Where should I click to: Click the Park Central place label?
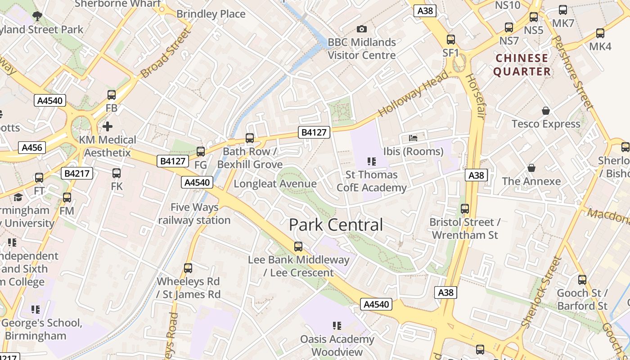336,225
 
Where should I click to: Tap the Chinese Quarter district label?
522,65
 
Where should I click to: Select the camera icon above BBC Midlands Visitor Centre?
361,29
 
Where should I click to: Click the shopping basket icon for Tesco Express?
546,111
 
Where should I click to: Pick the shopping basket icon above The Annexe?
531,168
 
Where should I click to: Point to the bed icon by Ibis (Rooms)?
413,138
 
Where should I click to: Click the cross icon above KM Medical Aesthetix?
108,126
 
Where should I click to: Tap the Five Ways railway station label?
194,214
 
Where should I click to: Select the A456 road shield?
32,147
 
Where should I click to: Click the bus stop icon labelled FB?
112,95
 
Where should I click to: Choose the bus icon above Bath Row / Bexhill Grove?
250,138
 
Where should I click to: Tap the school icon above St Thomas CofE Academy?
371,162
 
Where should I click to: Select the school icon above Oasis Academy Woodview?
337,326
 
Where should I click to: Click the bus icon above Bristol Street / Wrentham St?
465,209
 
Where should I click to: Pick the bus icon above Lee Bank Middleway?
298,247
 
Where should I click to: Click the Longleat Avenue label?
275,184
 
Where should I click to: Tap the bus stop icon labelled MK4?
600,33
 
